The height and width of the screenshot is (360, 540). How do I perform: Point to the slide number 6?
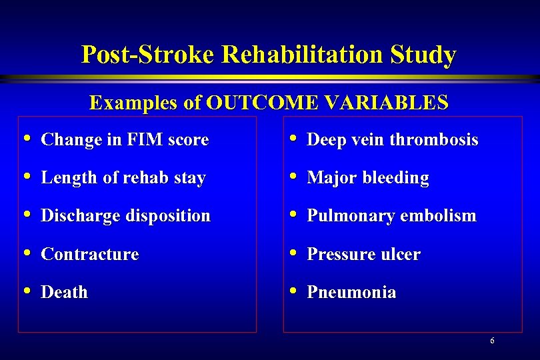(492, 341)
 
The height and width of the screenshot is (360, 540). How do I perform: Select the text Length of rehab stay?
(123, 178)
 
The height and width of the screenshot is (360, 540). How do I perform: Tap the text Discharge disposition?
(125, 216)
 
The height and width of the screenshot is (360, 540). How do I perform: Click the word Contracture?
(90, 255)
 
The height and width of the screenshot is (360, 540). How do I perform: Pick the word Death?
(65, 293)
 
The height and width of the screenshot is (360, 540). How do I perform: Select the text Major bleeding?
(368, 178)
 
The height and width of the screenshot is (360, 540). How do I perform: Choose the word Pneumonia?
(351, 293)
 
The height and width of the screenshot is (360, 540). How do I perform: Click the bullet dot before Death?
(26, 291)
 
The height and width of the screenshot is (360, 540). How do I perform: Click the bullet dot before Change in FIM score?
(26, 139)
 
